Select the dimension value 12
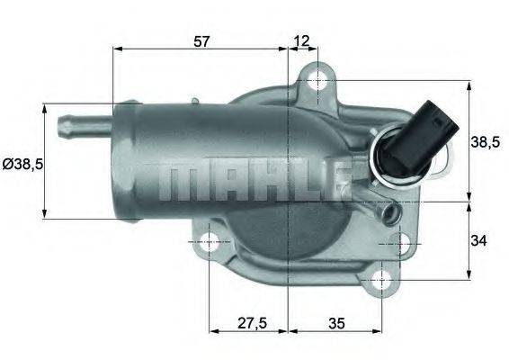pos(301,40)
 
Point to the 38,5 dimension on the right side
pos(487,140)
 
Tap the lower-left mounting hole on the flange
pos(209,242)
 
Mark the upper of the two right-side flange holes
pos(402,242)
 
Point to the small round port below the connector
pos(389,213)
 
